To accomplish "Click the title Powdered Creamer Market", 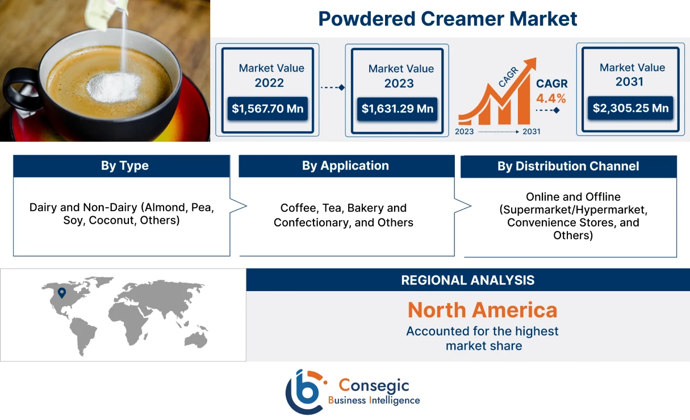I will point(448,19).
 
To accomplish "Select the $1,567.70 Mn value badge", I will point(267,108).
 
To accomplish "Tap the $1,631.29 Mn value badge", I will point(397,108).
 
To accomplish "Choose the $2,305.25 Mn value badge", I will point(630,108).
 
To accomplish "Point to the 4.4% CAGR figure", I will point(551,98).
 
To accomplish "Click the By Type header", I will point(124,166).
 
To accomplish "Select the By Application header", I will point(345,166).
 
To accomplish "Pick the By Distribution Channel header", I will point(568,166).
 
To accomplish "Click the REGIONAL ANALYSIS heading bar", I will point(467,280).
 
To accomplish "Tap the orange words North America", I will point(482,310).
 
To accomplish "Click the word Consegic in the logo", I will point(374,386).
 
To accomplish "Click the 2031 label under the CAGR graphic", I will point(531,132).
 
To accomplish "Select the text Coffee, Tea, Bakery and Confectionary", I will point(343,215).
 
